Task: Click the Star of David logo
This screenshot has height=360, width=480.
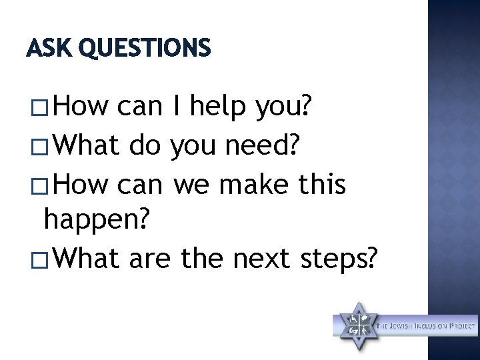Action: (355, 326)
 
